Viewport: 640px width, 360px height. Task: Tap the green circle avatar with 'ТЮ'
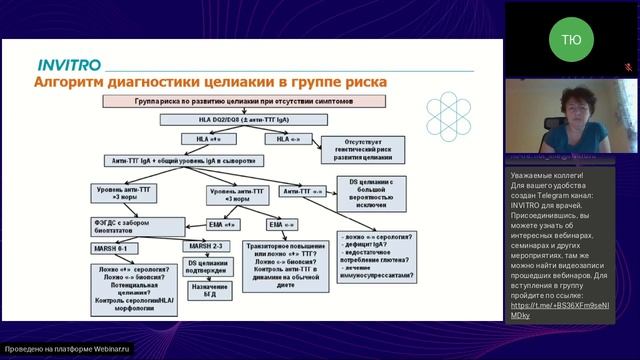570,39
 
